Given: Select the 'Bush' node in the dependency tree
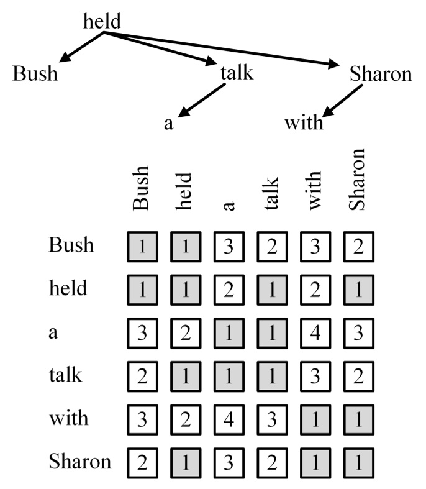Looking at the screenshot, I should coord(35,74).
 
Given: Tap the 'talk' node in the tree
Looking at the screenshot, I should coord(237,74).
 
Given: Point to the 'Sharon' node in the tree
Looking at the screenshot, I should coord(381,74).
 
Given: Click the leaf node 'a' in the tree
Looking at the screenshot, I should coord(168,123).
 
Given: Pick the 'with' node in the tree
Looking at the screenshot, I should coord(304,122).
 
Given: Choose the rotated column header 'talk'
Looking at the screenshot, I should coord(271,195).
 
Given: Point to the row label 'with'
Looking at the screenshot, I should coord(68,418).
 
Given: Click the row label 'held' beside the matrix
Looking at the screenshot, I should coord(68,288).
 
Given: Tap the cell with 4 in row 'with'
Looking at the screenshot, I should coord(228,418).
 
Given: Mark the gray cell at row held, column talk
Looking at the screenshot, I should coord(272,289).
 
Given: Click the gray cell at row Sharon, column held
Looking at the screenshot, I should coord(184,462).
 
